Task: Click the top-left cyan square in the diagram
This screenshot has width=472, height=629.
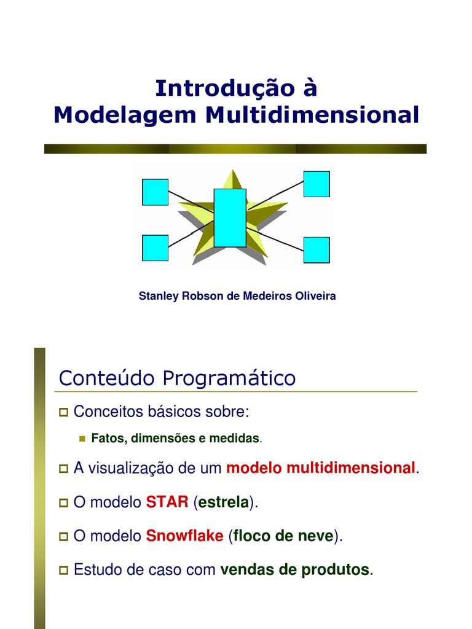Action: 155,192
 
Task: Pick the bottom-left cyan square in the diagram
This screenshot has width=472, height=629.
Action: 155,248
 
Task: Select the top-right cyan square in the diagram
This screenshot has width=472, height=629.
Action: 317,184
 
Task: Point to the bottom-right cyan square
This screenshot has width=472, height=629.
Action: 317,250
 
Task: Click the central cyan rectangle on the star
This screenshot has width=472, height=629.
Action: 230,217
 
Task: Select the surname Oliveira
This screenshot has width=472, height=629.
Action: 315,296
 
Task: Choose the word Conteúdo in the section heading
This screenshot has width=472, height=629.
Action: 108,378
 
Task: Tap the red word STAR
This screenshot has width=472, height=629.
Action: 167,502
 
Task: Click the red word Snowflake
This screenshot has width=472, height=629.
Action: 184,536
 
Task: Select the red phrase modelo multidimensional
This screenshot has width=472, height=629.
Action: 321,468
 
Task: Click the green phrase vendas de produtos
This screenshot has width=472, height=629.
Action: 295,569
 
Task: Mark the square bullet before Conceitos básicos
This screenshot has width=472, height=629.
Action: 63,412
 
